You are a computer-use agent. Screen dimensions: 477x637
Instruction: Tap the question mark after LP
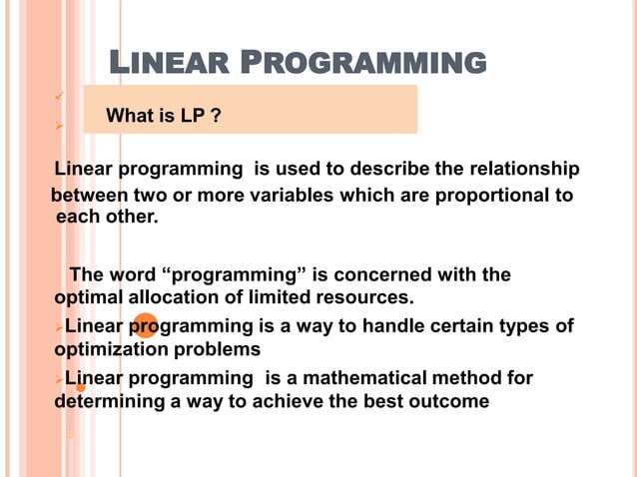216,118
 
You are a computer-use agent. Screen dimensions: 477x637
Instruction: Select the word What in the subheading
131,118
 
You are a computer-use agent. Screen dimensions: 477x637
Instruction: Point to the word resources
364,297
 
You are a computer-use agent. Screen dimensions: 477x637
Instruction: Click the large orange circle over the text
146,325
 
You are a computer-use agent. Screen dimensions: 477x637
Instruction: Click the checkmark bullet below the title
59,97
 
